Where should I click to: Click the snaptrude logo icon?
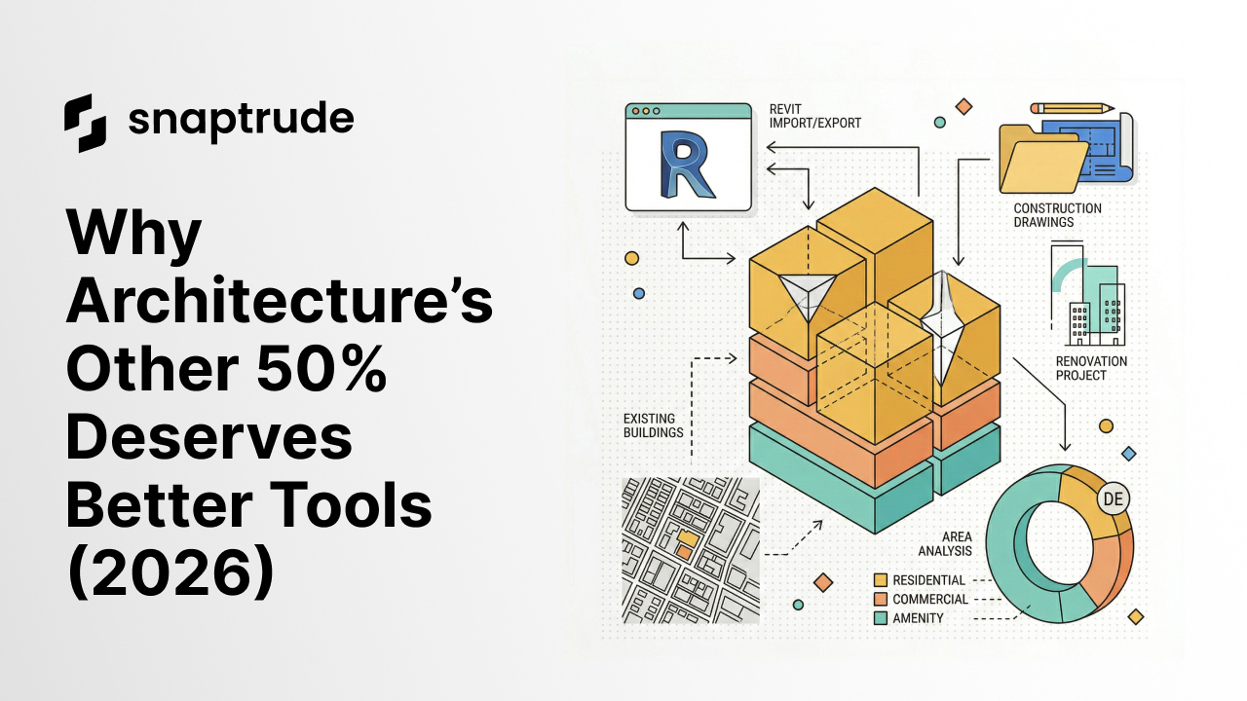pyautogui.click(x=85, y=124)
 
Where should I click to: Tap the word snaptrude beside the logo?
pyautogui.click(x=241, y=121)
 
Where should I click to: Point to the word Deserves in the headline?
pyautogui.click(x=208, y=442)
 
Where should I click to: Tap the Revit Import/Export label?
pyautogui.click(x=814, y=116)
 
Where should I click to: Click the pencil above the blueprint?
pyautogui.click(x=1072, y=108)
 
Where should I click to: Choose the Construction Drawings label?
pyautogui.click(x=1057, y=215)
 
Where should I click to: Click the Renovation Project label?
pyautogui.click(x=1091, y=368)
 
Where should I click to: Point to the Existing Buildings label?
pyautogui.click(x=653, y=425)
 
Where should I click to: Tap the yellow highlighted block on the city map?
pyautogui.click(x=688, y=537)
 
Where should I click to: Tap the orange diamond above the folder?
pyautogui.click(x=964, y=106)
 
